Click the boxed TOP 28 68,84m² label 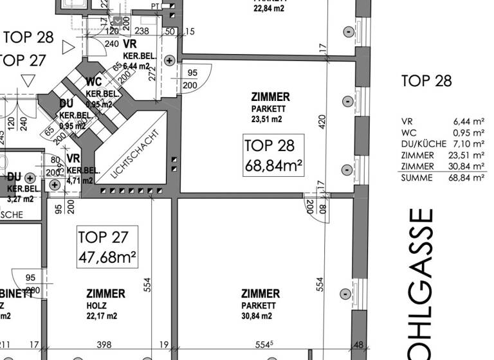273,156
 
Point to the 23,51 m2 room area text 266,120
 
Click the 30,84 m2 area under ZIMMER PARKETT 257,316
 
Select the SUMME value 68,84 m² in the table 468,178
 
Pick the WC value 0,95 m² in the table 468,132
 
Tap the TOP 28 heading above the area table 426,81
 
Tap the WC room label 93,82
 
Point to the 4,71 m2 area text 80,181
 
